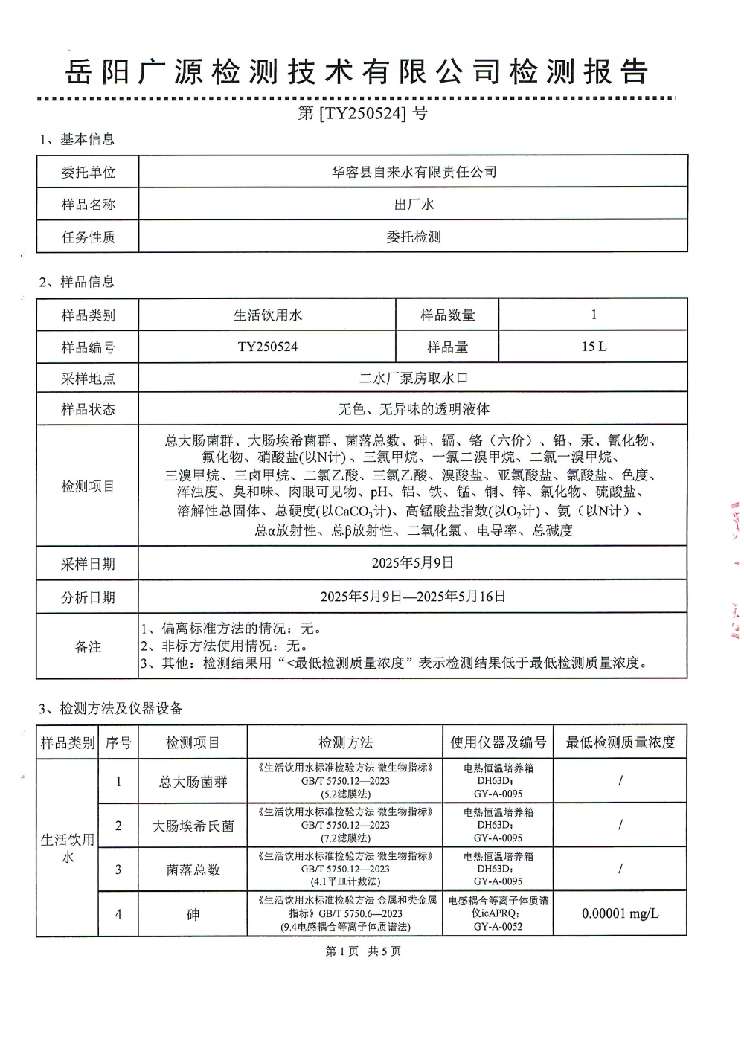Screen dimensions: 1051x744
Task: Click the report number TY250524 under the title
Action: coord(362,114)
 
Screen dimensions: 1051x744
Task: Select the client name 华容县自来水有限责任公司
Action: coord(414,172)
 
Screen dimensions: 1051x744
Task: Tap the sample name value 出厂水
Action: coord(414,205)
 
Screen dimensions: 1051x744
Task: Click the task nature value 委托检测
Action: coord(414,237)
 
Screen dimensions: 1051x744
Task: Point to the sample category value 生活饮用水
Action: coord(268,315)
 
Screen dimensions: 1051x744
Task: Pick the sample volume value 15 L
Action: coord(594,347)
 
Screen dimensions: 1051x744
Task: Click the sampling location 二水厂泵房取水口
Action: coord(414,378)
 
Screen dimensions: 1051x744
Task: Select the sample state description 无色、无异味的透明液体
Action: coord(414,409)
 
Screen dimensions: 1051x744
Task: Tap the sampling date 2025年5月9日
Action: coord(413,563)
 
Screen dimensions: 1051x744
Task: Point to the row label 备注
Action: coord(88,647)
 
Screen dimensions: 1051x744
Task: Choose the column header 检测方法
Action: coord(345,742)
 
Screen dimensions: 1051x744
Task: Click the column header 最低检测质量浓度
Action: coord(620,742)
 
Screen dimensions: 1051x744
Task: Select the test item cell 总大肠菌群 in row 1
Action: coord(193,782)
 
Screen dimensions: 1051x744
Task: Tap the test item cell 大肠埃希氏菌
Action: coord(193,826)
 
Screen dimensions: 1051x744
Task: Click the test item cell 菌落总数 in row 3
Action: coord(193,870)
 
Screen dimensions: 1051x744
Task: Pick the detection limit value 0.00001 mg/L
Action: coord(620,913)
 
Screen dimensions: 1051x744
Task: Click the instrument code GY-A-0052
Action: coord(498,927)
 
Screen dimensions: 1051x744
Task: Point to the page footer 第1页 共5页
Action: coord(363,951)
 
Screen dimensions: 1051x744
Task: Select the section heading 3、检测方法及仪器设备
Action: coord(111,708)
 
